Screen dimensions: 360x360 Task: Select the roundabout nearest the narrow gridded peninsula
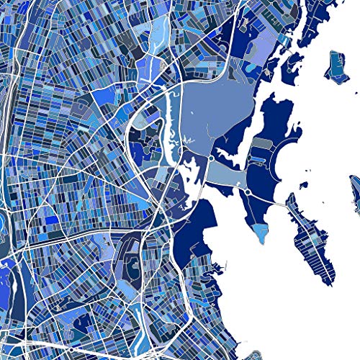(248, 192)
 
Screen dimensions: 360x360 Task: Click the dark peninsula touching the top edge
(317, 22)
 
